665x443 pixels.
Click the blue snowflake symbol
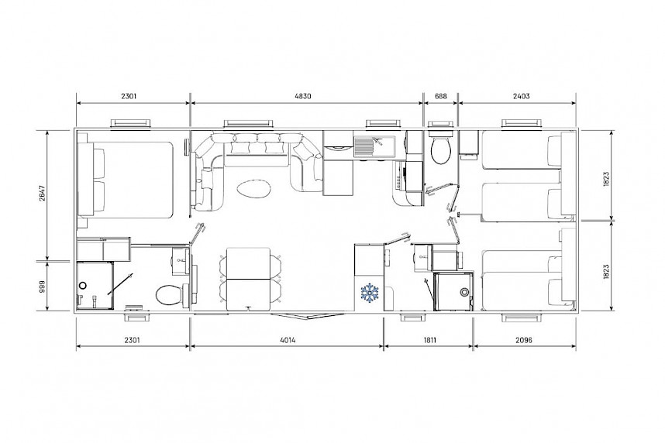point(370,294)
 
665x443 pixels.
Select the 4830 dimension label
point(302,96)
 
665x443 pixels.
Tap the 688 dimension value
point(441,96)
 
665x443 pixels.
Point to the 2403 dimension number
point(522,96)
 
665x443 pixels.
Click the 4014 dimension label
point(288,340)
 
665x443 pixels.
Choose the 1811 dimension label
point(429,340)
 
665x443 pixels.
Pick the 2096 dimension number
point(524,340)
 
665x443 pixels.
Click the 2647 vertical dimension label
point(41,194)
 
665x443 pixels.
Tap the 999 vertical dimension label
point(41,287)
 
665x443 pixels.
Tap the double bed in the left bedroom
point(125,180)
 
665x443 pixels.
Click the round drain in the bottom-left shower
point(83,286)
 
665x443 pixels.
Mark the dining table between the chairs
point(248,280)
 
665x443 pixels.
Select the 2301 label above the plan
point(129,96)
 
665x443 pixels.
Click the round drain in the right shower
point(465,292)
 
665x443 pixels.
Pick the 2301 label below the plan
point(132,340)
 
